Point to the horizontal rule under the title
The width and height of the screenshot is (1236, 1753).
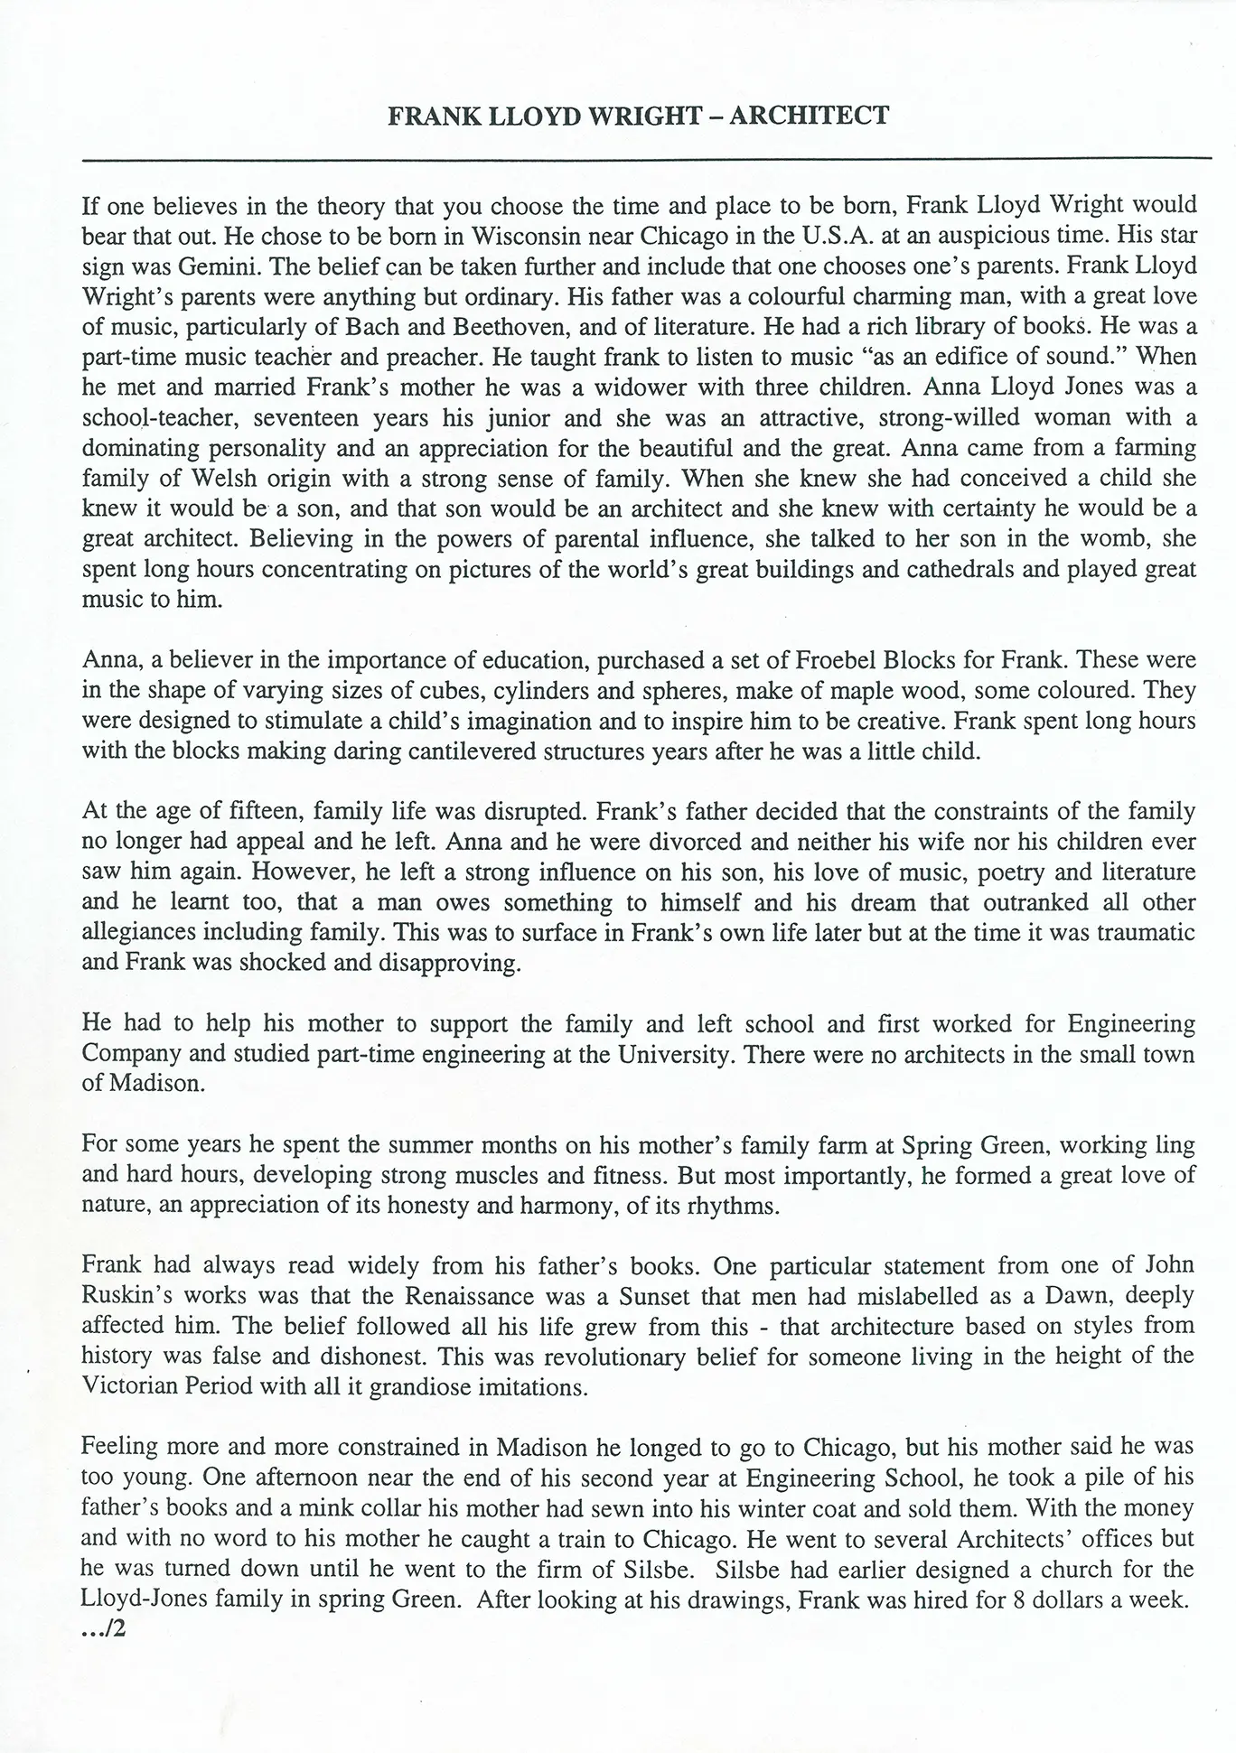click(x=646, y=159)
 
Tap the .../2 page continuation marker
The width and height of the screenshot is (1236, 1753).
click(x=100, y=1630)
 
